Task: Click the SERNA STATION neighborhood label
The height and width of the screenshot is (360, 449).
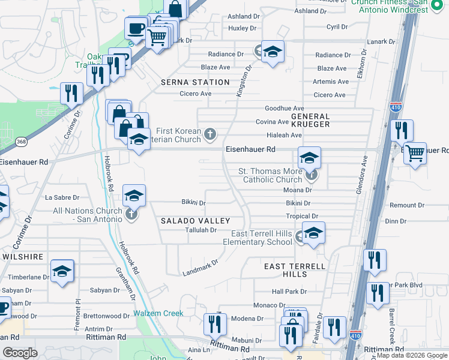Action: point(195,82)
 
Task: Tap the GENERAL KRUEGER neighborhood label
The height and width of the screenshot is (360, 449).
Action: point(310,120)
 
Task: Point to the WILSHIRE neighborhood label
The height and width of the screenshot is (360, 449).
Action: point(23,256)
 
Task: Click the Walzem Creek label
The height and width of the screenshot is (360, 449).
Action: point(158,313)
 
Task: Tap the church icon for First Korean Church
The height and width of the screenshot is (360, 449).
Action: point(210,133)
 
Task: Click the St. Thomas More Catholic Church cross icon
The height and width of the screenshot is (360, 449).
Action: point(310,176)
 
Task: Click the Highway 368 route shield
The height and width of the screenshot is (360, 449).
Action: point(22,142)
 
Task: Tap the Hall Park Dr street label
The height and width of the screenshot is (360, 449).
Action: point(289,292)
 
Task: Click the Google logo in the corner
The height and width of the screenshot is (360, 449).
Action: point(20,353)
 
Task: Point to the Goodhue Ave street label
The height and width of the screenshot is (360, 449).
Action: point(285,108)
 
